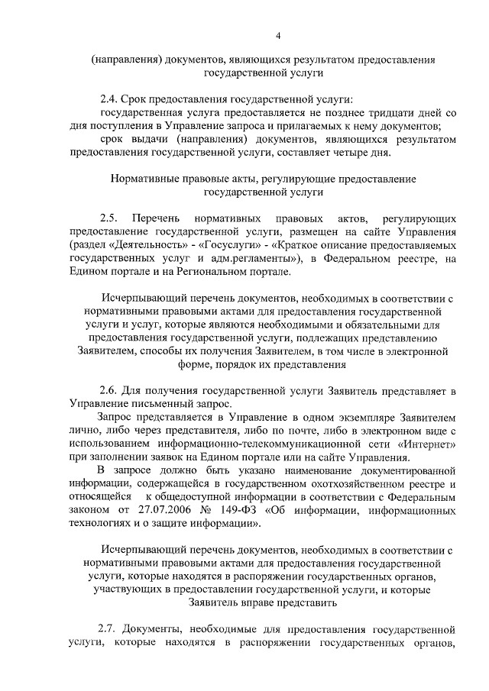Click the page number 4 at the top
(x=278, y=35)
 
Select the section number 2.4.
(x=109, y=99)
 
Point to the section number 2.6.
(x=109, y=390)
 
